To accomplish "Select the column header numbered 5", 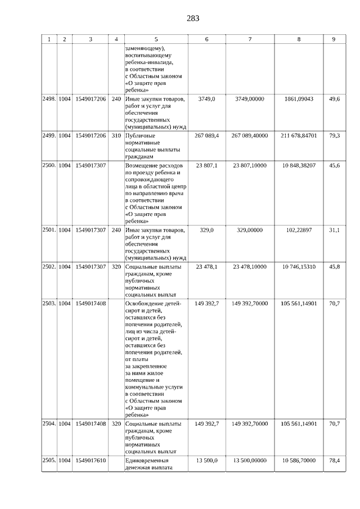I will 156,39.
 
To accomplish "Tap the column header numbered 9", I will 334,39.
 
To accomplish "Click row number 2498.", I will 49,99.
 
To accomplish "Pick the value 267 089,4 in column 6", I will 206,136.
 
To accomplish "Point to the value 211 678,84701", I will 299,136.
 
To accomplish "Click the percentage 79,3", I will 334,136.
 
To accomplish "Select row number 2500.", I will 49,165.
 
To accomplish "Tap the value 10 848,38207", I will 299,165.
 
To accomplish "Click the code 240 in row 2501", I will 116,230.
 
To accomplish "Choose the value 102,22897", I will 299,230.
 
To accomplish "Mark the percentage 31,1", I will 334,230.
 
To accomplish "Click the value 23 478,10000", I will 249,267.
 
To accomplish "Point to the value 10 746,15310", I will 299,267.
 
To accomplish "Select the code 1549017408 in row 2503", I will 91,303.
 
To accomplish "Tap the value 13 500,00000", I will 249,460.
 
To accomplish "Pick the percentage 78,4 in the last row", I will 334,460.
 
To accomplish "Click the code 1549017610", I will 91,460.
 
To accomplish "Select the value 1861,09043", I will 299,99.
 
